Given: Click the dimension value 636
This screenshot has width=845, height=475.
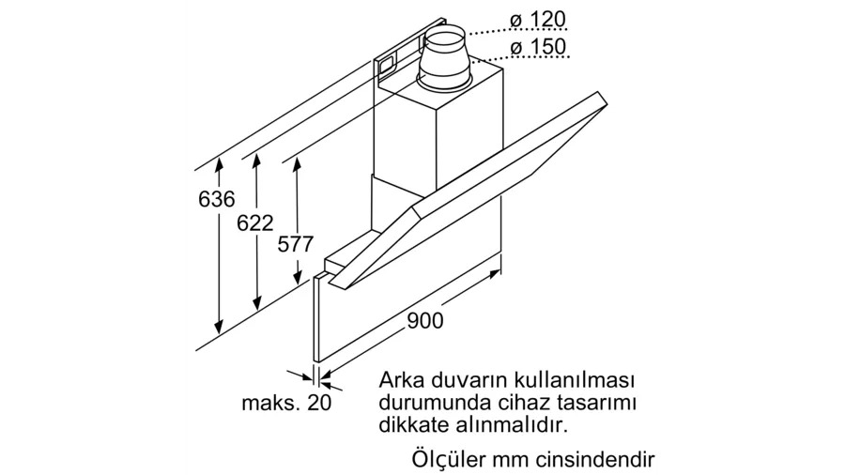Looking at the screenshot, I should point(216,200).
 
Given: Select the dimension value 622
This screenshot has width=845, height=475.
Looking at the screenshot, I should point(254,222).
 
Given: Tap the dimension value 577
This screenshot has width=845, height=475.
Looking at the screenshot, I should point(295,244).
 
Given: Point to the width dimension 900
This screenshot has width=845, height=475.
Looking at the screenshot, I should point(424,319).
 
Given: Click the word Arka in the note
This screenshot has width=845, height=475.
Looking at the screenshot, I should point(402,381).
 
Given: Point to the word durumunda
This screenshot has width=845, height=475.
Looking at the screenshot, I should point(432,403).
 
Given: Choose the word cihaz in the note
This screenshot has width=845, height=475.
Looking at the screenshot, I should point(515,403).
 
